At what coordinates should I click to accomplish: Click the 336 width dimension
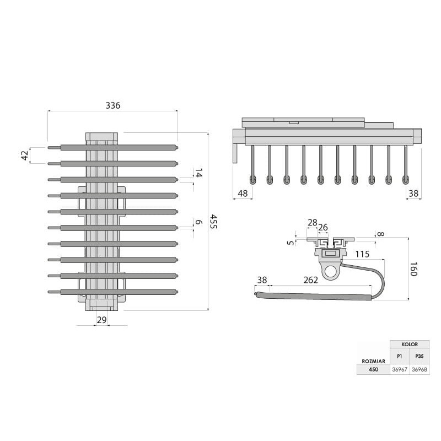pos(113,105)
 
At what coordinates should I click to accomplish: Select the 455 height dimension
pos(214,222)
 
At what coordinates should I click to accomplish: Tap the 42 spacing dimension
pos(25,155)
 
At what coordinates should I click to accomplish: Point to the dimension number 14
pos(198,173)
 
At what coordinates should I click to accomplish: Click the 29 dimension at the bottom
pos(102,320)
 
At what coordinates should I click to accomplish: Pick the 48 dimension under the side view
pos(243,193)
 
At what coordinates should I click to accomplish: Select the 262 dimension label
pos(311,280)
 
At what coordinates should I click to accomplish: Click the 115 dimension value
pos(362,254)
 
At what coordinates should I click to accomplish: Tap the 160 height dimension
pos(413,269)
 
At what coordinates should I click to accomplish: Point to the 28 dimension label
pos(313,223)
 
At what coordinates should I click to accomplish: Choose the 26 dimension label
pos(323,227)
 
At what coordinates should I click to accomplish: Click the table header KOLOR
pos(410,344)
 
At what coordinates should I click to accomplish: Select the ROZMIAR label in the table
pos(374,361)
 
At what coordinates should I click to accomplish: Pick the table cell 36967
pos(400,369)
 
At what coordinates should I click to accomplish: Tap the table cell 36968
pos(420,369)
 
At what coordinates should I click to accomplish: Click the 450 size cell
pos(374,369)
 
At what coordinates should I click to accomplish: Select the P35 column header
pos(420,356)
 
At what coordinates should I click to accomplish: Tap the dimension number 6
pos(198,222)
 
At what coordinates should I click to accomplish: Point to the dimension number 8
pos(380,234)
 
